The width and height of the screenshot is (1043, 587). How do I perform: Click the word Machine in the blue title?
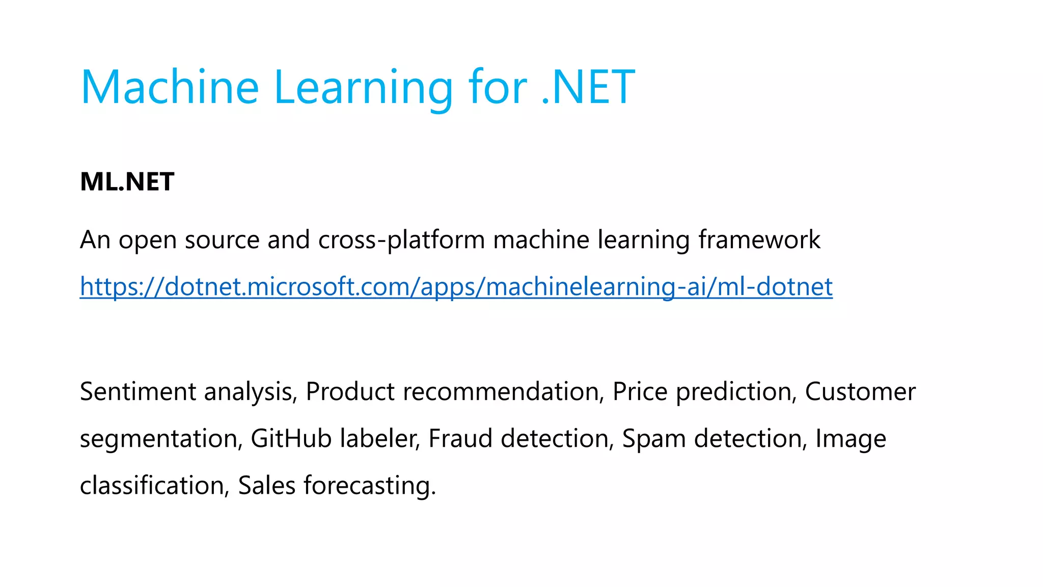(170, 87)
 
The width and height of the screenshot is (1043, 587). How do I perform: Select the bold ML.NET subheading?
(127, 182)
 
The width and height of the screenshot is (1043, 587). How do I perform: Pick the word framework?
(759, 240)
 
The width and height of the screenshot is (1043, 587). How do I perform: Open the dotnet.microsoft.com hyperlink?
(456, 286)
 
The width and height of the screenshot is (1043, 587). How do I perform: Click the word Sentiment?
(138, 392)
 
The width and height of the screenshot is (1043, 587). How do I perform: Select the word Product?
(350, 392)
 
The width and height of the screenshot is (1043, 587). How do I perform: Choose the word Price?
(640, 392)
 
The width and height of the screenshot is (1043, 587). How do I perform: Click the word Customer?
(860, 392)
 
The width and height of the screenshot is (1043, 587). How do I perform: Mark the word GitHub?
(291, 439)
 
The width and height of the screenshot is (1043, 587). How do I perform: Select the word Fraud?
(460, 439)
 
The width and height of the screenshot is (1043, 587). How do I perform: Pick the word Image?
(850, 439)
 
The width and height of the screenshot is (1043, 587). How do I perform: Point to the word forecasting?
(370, 486)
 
